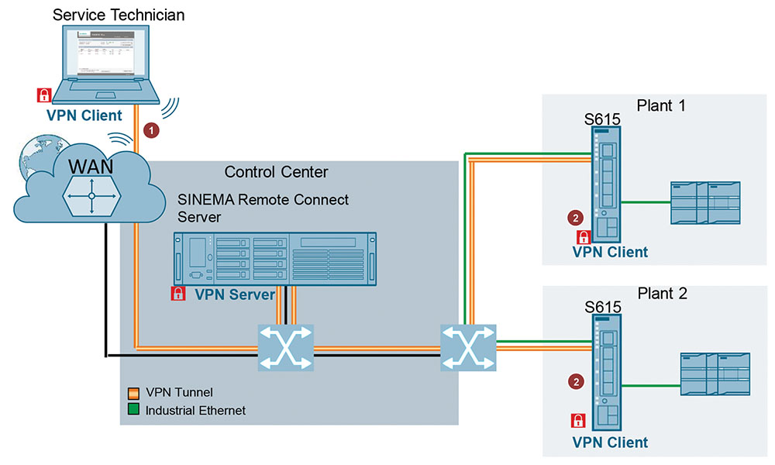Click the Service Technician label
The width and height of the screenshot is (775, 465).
click(119, 15)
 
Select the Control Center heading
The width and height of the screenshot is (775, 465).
click(276, 171)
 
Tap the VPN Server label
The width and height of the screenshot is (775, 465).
click(235, 294)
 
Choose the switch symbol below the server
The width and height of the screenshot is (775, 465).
click(284, 347)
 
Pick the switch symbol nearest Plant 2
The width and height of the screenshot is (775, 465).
click(467, 346)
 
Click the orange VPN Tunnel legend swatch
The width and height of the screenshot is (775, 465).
click(134, 393)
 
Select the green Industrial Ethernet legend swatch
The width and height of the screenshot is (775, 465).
click(134, 410)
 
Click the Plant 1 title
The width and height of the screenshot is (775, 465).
click(660, 105)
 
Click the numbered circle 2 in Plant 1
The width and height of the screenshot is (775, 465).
click(575, 218)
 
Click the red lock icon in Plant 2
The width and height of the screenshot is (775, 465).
click(577, 421)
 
